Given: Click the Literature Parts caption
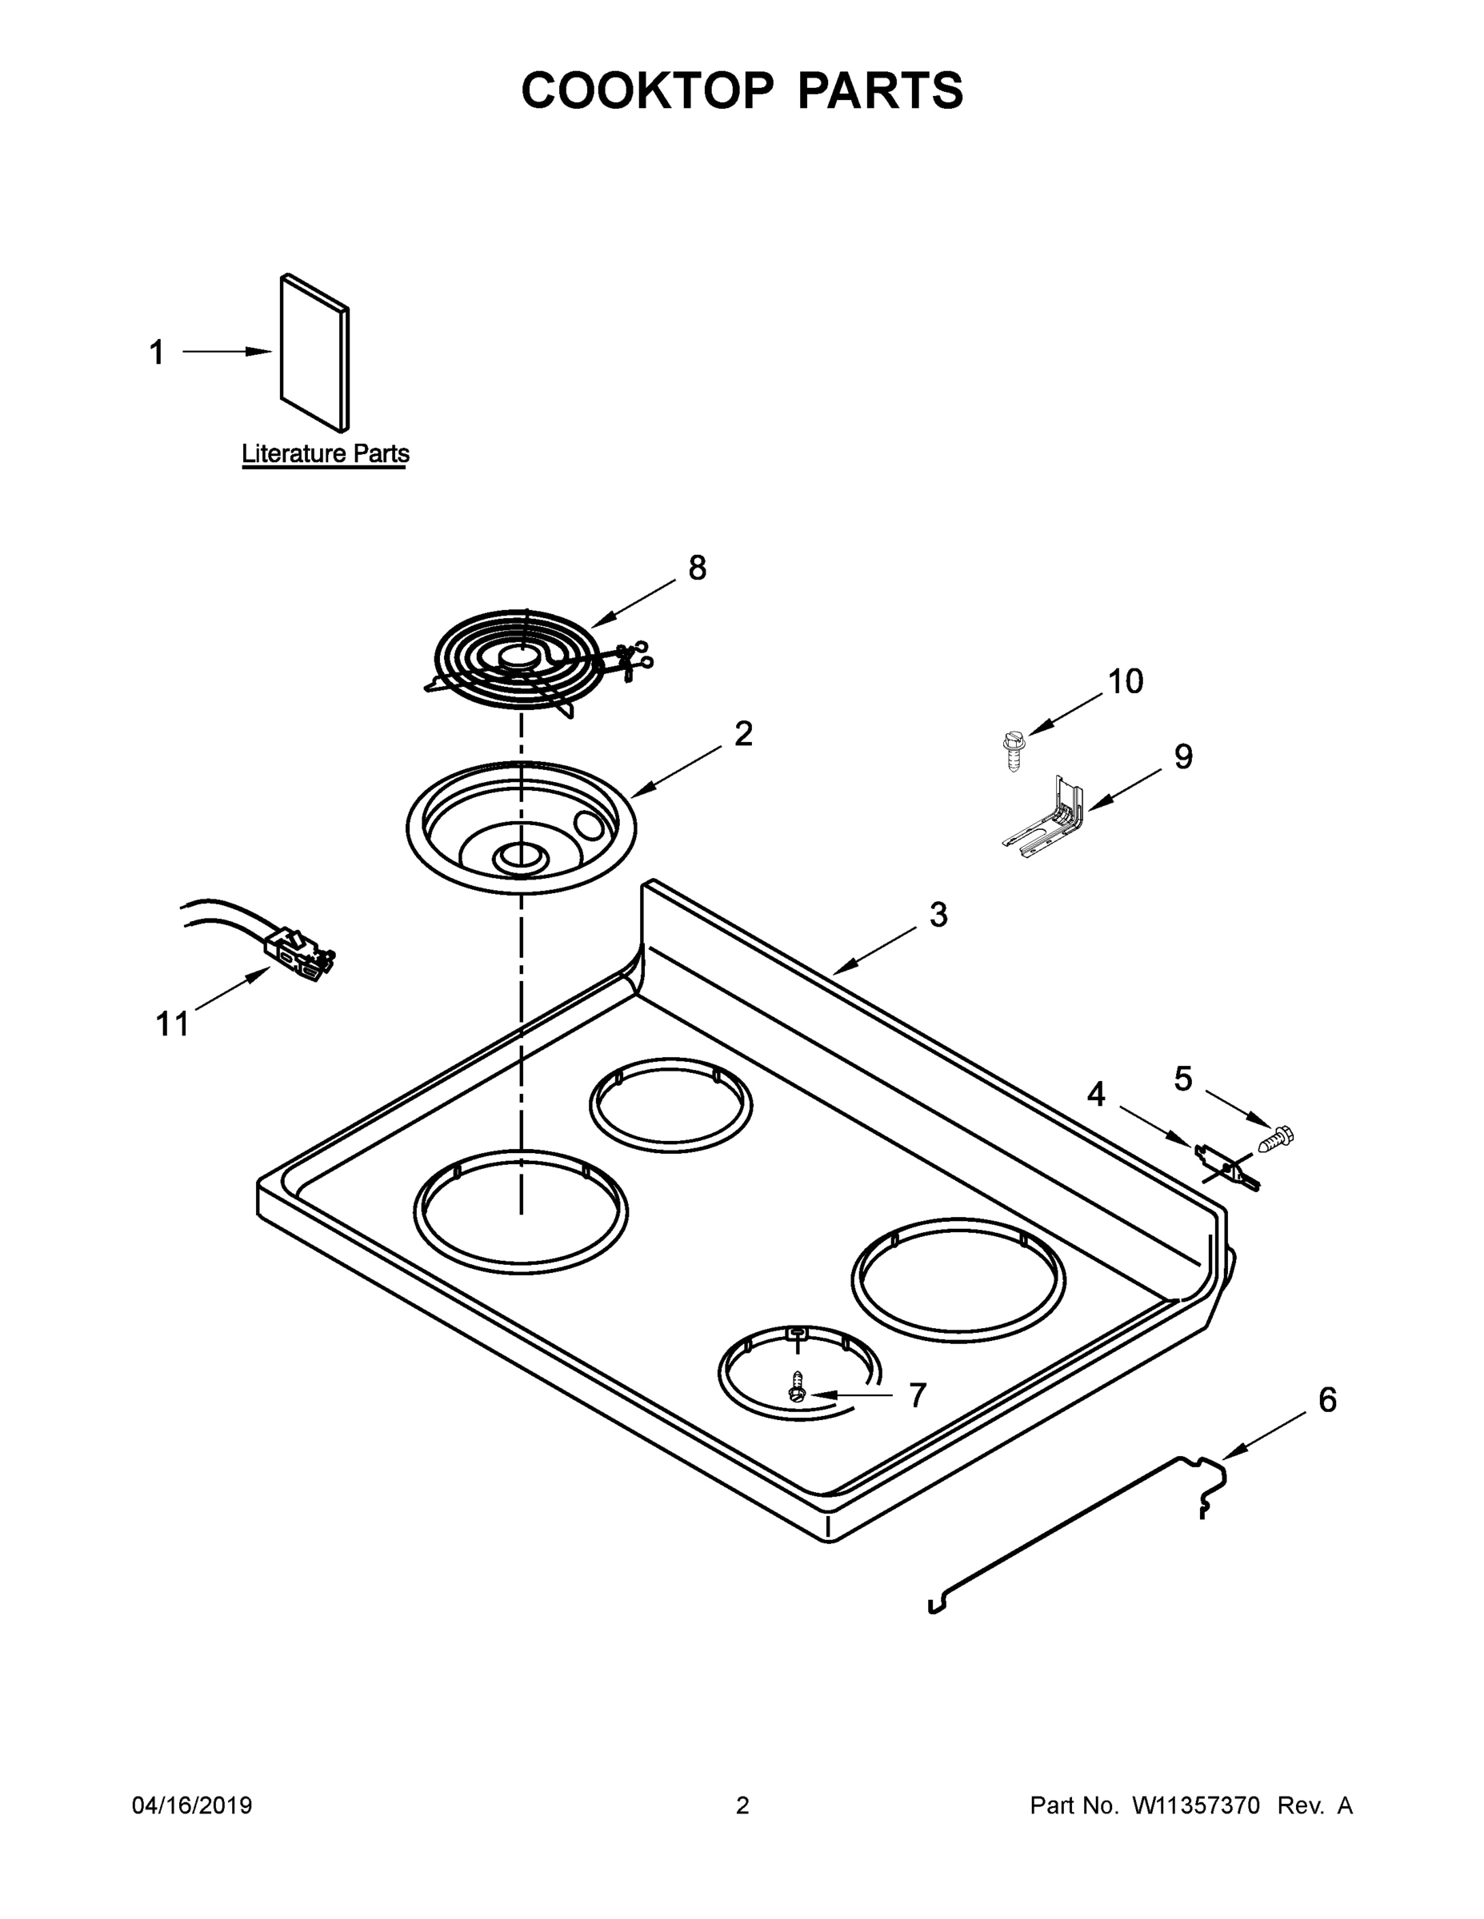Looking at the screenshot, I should (326, 454).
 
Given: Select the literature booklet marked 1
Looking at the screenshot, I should (314, 354).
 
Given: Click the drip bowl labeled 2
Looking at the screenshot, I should (521, 827).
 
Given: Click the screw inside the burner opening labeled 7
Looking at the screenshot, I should (798, 1387).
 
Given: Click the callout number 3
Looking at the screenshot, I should (938, 915).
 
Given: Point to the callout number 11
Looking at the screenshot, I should (172, 1023).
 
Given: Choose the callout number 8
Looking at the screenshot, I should (696, 569).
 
